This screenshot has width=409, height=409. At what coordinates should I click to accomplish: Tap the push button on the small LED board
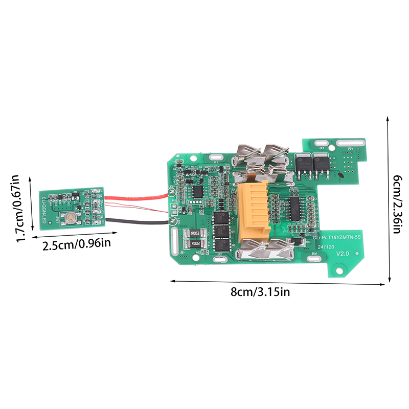(68, 219)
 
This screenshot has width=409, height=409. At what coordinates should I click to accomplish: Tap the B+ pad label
(351, 148)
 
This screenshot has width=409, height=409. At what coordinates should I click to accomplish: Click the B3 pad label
(322, 148)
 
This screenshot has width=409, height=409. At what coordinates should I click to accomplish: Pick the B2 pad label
(219, 254)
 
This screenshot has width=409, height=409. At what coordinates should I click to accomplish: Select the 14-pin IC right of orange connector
(295, 209)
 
